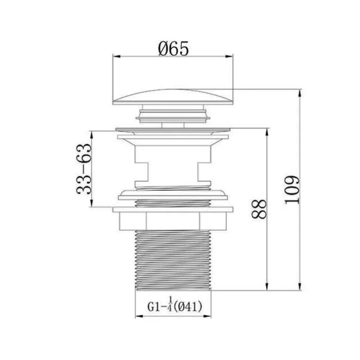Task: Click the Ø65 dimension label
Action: (173, 49)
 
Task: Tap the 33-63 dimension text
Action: (84, 169)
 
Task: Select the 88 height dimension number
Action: (259, 209)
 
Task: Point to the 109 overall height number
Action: (292, 190)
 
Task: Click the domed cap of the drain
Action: (173, 97)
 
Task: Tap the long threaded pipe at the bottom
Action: (173, 260)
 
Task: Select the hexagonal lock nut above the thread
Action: (173, 221)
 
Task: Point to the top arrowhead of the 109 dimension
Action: (300, 94)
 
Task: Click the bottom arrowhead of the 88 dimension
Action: (267, 286)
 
